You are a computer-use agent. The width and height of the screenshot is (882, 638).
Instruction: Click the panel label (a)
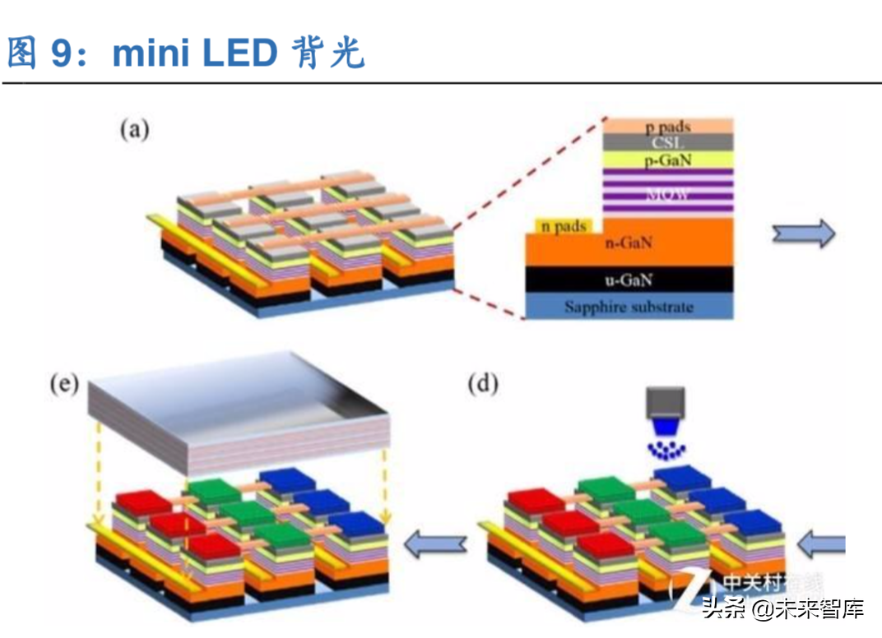[134, 129]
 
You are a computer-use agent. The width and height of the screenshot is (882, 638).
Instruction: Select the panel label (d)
[483, 384]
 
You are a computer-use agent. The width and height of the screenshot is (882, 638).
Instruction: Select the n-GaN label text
[629, 243]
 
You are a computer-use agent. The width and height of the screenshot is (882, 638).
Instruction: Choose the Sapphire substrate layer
[629, 307]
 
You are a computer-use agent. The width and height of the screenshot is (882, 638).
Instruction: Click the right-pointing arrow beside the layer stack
[803, 235]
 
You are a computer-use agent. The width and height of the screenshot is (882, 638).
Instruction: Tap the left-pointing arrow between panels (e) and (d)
[437, 543]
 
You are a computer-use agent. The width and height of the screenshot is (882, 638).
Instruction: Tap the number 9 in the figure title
[63, 53]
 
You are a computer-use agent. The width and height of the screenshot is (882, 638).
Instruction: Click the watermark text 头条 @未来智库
[782, 609]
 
